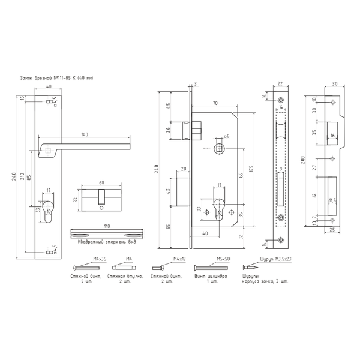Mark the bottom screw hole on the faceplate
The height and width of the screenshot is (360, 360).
[280, 241]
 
